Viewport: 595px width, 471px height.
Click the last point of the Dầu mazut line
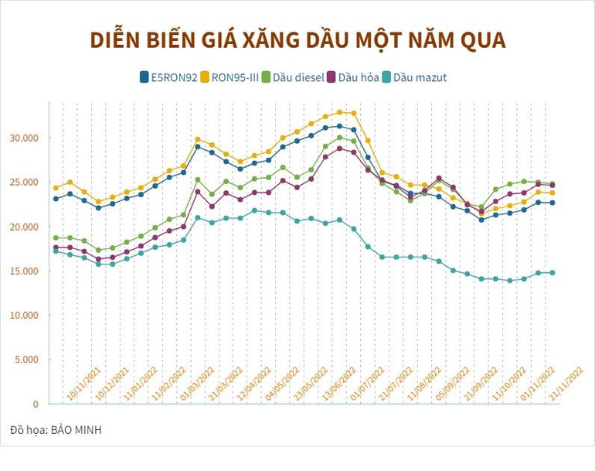coord(552,272)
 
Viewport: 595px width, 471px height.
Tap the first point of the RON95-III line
coord(56,188)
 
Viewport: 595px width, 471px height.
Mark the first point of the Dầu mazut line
coord(56,251)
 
